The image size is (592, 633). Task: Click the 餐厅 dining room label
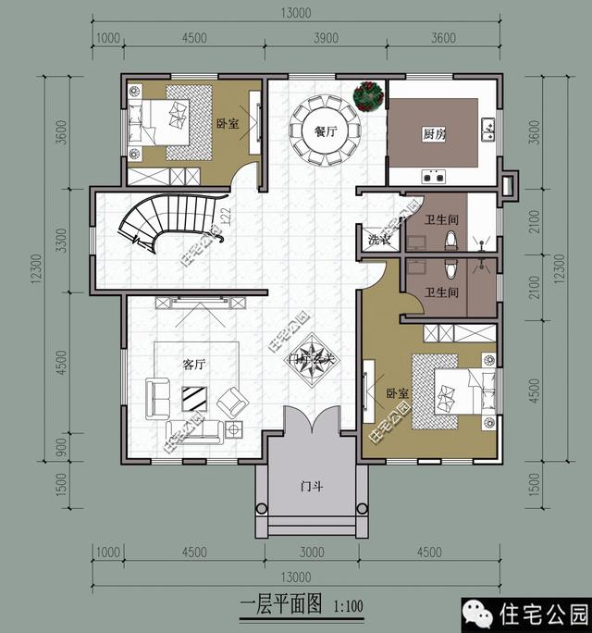click(x=325, y=131)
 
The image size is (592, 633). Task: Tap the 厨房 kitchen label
click(x=434, y=134)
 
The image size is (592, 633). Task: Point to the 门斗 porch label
click(x=312, y=486)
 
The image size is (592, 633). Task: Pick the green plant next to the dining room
click(x=370, y=94)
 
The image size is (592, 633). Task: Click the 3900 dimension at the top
click(x=326, y=38)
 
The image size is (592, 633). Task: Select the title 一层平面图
click(x=280, y=606)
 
